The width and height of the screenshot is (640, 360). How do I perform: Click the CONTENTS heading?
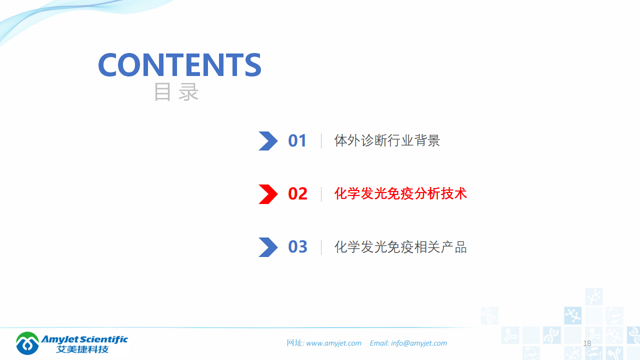[179, 64]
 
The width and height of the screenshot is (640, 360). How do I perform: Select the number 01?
[297, 141]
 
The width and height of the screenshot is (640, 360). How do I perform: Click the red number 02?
[297, 194]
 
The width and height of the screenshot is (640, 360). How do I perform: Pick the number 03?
[297, 247]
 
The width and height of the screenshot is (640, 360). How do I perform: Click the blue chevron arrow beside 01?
[268, 141]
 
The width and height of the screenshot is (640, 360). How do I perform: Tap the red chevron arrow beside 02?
[268, 194]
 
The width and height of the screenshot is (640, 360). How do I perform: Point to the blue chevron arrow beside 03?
[268, 247]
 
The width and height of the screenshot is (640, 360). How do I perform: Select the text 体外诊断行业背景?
[387, 140]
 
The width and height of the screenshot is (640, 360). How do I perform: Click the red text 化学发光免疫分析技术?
[400, 193]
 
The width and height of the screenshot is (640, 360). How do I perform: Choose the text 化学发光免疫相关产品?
[400, 246]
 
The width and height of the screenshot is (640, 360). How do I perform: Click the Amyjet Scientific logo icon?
[27, 343]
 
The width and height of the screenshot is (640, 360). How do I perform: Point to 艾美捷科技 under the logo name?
[82, 349]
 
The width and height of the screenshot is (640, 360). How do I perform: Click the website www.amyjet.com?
[333, 343]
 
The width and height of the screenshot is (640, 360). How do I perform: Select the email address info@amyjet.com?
[419, 343]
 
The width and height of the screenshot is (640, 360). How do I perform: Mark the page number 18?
[587, 343]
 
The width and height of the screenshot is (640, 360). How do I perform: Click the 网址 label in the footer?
[294, 343]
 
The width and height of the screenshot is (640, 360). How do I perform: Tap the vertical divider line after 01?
[321, 141]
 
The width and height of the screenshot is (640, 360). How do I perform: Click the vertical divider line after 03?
[321, 247]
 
